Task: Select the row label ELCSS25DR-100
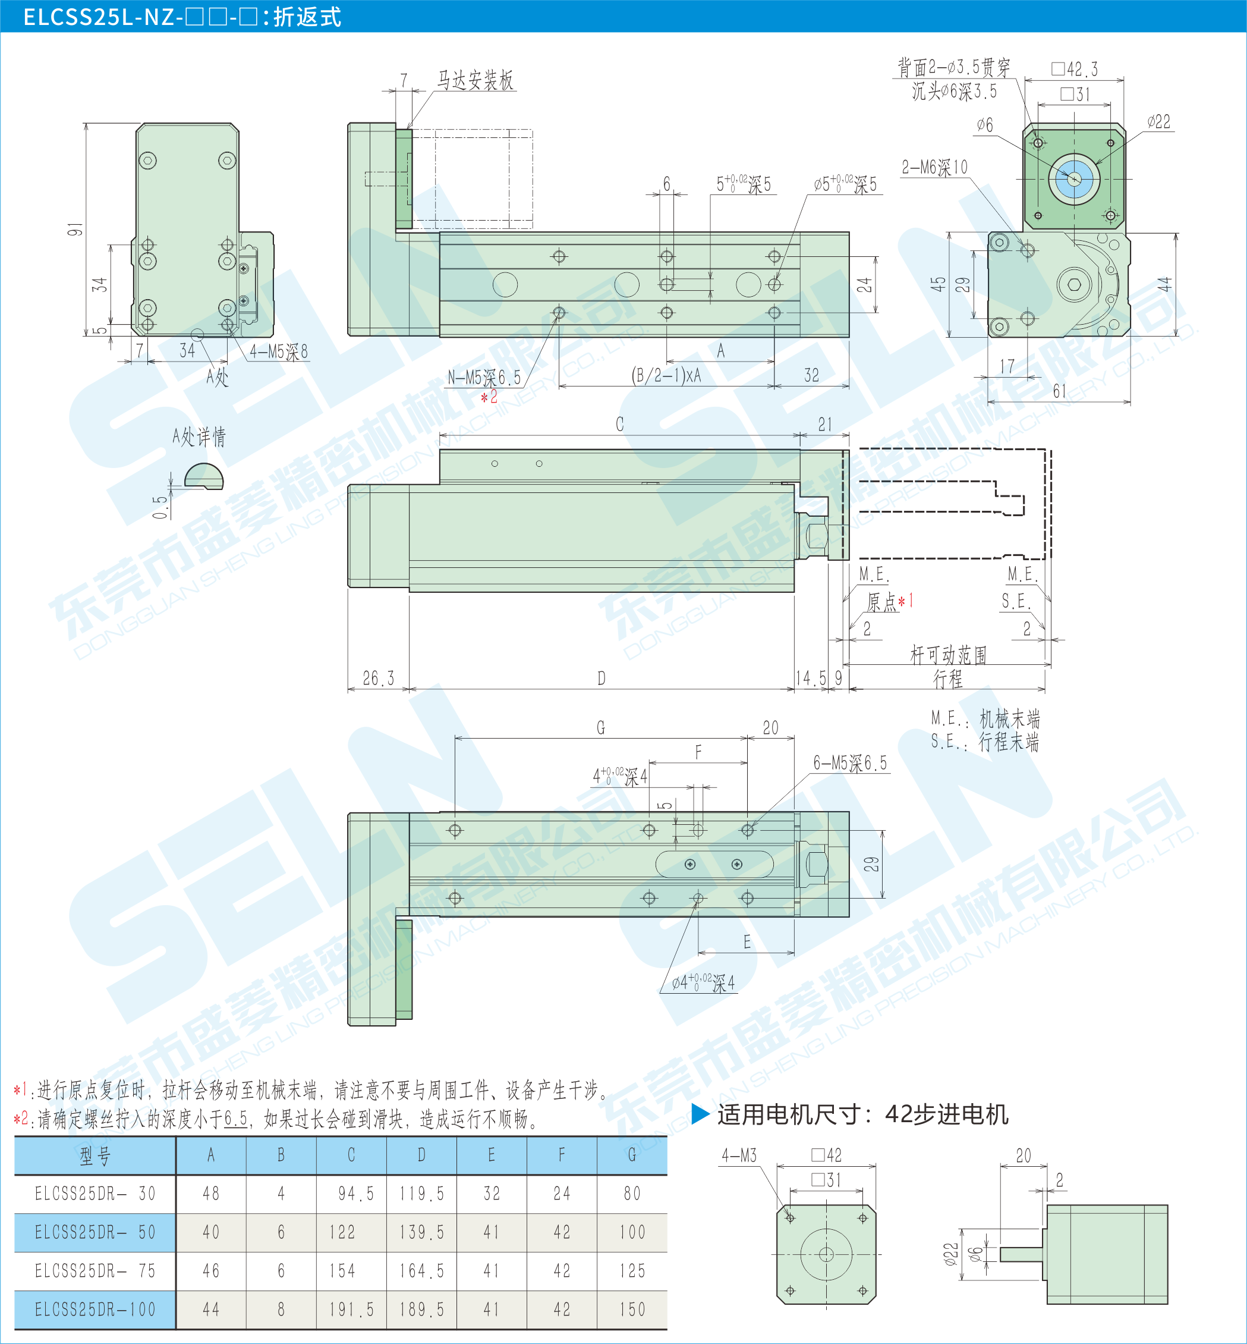pyautogui.click(x=95, y=1310)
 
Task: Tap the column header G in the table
pyautogui.click(x=632, y=1155)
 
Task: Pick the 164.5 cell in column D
pyautogui.click(x=422, y=1271)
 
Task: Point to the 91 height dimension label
pyautogui.click(x=75, y=229)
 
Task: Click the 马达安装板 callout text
pyautogui.click(x=475, y=80)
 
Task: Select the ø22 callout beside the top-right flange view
pyautogui.click(x=1158, y=122)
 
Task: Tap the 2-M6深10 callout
pyautogui.click(x=934, y=168)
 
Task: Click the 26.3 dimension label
pyautogui.click(x=378, y=679)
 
